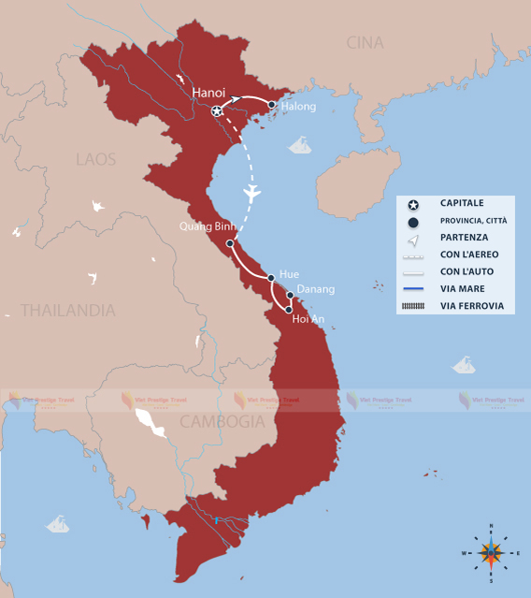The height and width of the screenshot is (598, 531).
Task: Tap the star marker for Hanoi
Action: [217, 111]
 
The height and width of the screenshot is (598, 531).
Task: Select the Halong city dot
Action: [271, 105]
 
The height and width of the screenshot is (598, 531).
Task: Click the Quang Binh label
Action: [208, 226]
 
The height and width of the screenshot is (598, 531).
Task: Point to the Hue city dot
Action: [271, 278]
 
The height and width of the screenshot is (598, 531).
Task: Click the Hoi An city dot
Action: [289, 310]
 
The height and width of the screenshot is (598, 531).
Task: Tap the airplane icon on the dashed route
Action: [250, 194]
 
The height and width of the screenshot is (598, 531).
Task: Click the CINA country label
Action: [365, 43]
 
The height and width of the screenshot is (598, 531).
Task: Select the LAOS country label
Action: [95, 159]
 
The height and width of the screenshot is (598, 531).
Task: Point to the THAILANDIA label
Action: [68, 310]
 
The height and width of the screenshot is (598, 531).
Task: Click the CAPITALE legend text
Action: [462, 202]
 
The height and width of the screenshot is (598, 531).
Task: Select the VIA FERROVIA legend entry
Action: [471, 306]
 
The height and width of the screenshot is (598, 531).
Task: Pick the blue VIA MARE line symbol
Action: [412, 288]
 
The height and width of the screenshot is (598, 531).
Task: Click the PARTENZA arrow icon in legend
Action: [412, 237]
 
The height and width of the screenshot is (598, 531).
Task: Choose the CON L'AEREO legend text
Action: [469, 254]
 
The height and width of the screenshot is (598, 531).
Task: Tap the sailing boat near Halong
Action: [300, 145]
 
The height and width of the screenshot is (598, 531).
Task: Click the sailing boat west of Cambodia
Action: [58, 524]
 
